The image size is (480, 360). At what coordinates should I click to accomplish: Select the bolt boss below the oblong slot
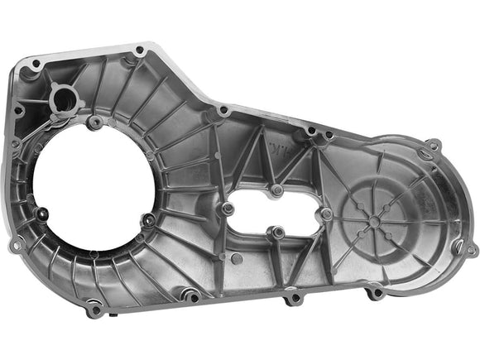click(x=279, y=232)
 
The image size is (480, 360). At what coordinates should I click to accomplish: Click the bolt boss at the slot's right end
click(x=328, y=214)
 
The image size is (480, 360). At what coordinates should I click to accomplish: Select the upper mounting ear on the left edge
click(x=14, y=142)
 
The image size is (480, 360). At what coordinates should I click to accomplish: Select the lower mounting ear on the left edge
click(x=13, y=245)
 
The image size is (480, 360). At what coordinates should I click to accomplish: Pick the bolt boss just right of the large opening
click(x=147, y=220)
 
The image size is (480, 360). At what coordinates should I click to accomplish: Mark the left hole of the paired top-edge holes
click(x=310, y=129)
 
